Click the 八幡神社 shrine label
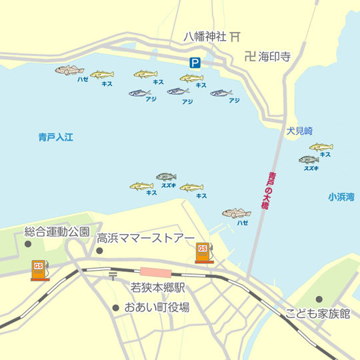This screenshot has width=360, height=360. pos(205,37)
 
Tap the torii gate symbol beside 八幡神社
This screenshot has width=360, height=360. pos(235,37)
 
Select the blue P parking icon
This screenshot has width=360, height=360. pos(195,63)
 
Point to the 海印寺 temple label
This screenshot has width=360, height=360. pos(275,57)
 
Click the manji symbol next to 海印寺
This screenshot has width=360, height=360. pos(249,57)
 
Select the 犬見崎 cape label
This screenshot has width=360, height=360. pos(299,131)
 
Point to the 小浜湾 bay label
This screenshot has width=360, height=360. pos(341,197)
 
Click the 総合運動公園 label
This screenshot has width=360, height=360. pos(57,232)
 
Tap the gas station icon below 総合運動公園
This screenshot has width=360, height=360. pos(39,269)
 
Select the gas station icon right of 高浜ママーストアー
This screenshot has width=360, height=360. pos(204,252)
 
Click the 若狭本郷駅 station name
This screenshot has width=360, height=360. pos(157,289)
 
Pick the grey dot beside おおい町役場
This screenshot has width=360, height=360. pos(116,308)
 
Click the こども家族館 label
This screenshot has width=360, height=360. pos(317,313)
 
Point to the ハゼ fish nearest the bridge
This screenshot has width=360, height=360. pos(237,213)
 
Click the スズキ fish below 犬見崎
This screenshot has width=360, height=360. pos(309,159)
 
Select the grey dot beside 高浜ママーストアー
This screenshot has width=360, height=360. pos(99,251)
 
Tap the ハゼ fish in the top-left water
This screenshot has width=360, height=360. pos(70,70)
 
